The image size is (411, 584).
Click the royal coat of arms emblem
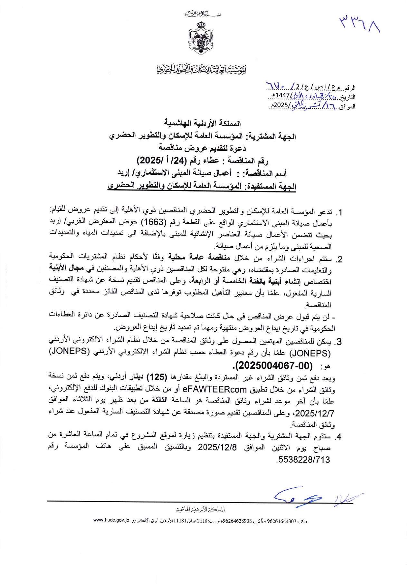[202, 39]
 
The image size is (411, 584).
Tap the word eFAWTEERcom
[215, 389]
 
